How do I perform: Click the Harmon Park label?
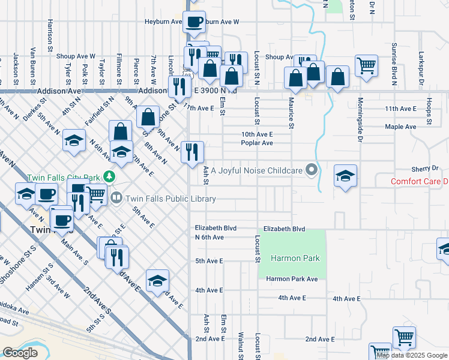(295, 258)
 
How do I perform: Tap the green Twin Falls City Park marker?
(109, 176)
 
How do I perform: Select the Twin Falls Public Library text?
(170, 198)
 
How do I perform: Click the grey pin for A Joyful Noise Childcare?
(311, 170)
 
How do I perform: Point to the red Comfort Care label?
(420, 181)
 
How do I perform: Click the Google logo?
(20, 352)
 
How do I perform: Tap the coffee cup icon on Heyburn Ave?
(194, 22)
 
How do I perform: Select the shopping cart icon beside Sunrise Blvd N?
(366, 65)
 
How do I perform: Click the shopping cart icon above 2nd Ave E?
(404, 337)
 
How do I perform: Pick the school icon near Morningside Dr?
(345, 176)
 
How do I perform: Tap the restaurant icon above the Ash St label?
(192, 151)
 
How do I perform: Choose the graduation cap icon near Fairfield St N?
(74, 140)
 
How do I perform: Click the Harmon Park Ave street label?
(292, 279)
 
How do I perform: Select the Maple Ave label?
(401, 127)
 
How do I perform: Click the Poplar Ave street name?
(257, 143)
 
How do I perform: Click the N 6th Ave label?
(209, 237)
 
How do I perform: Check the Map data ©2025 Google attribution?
(412, 355)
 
